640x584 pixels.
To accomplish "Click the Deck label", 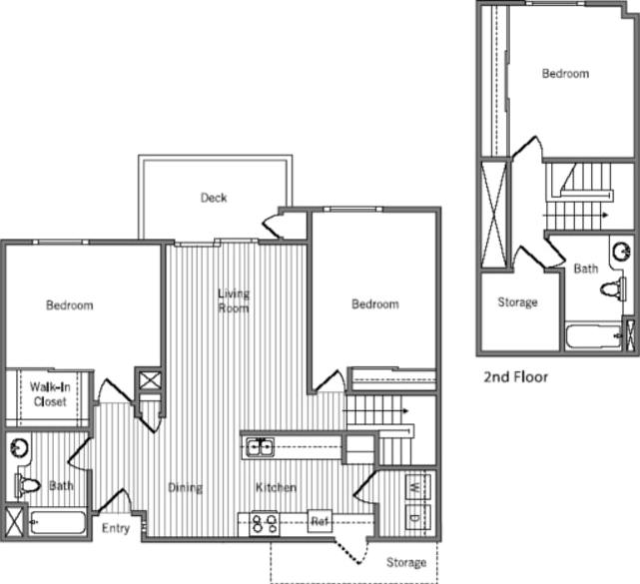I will (x=214, y=198).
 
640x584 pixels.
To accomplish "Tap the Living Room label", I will (x=234, y=300).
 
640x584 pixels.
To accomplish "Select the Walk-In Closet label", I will (x=48, y=394).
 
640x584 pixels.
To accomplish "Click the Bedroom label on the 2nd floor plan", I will (x=565, y=73).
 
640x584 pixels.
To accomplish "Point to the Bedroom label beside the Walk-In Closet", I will (x=70, y=305).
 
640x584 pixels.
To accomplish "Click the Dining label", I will (x=186, y=488).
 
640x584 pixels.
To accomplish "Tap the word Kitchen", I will (x=276, y=488).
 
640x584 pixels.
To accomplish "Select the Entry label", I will (x=116, y=528).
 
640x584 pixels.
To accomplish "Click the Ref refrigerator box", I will (x=320, y=522).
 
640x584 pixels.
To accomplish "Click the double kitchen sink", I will (x=261, y=447).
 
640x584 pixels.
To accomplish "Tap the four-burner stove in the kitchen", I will (x=265, y=523).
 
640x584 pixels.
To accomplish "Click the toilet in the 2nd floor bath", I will (x=611, y=291).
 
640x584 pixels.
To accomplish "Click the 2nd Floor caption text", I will (x=515, y=377).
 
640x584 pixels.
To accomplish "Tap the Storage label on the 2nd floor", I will (x=517, y=302).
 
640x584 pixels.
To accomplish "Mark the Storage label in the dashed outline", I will (x=406, y=563).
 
